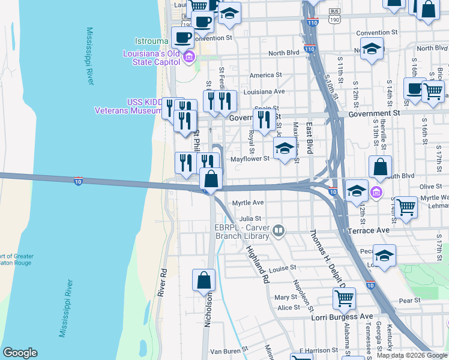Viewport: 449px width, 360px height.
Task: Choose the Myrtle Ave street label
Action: pos(248,203)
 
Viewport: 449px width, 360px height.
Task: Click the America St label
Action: pos(265,75)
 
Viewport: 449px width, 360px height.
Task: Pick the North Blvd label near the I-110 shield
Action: pos(284,53)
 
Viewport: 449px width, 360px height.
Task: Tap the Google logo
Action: pos(20,353)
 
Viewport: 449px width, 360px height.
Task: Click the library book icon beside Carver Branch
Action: pos(278,230)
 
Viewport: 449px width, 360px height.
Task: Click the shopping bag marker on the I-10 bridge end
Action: pos(211,179)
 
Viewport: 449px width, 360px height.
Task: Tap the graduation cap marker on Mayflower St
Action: pos(285,149)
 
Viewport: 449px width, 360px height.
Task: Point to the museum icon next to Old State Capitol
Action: pos(189,58)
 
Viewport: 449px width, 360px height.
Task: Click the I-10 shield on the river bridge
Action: pos(78,181)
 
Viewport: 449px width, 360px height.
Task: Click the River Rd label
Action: pos(162,280)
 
